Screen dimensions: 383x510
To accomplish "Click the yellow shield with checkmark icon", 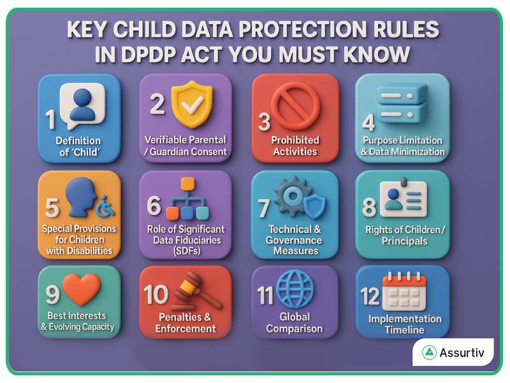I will (x=192, y=103).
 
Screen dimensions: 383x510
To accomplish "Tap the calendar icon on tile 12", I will (x=404, y=292).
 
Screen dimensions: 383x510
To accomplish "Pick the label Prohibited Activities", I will (x=295, y=146).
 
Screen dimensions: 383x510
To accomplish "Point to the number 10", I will (x=156, y=294).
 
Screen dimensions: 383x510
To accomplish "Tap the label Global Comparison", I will (x=295, y=323).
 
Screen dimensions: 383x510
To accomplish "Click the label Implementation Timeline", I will (x=404, y=324).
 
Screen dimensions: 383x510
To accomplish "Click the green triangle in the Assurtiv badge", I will (x=430, y=352).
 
